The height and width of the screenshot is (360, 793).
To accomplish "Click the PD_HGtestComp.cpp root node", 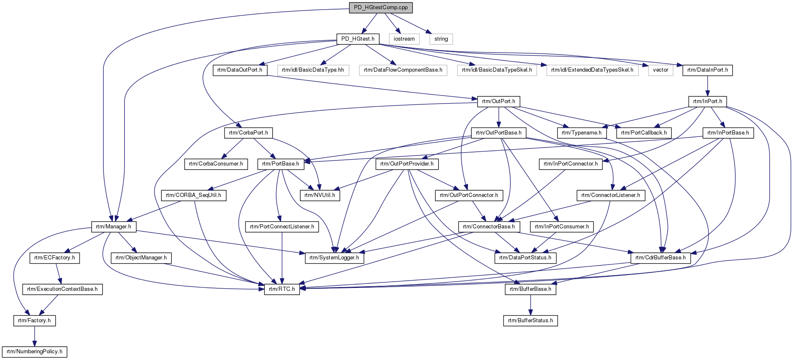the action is tap(381, 8).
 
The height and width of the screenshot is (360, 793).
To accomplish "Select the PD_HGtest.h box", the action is tap(358, 39).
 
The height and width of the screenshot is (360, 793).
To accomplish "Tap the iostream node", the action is tap(404, 39).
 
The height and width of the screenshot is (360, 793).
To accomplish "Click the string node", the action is tap(441, 39).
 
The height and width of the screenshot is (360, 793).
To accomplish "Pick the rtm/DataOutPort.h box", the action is tap(240, 70).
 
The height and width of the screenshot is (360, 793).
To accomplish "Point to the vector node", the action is tap(661, 70).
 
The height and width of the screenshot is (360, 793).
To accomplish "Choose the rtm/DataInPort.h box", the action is tap(708, 70).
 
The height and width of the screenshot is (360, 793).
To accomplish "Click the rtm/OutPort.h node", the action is tap(499, 101).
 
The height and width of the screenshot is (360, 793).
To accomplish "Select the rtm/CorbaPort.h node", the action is tap(248, 133).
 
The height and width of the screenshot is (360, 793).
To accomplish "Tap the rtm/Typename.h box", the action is tap(581, 133).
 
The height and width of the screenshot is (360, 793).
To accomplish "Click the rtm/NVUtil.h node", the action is tap(320, 195).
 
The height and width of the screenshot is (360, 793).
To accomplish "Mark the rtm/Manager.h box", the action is tap(113, 227).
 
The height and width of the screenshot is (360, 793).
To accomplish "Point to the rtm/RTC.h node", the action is tap(282, 289).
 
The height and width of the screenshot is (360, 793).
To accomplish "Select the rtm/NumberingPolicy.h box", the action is tap(34, 352).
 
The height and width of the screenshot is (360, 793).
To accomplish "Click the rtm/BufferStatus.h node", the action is tap(530, 321).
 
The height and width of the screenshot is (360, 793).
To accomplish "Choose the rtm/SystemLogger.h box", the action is tap(334, 258).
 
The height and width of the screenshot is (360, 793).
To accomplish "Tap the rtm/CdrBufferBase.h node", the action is tap(661, 258).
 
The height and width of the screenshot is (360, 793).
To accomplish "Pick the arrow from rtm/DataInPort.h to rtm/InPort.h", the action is tap(708, 86).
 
